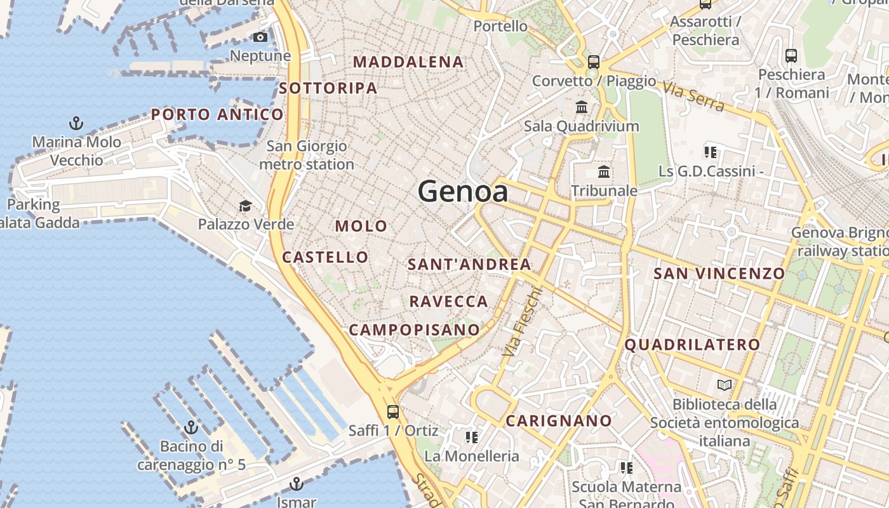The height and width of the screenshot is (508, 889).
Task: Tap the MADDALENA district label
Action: point(408,62)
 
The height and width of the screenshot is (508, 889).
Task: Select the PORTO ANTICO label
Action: point(217,114)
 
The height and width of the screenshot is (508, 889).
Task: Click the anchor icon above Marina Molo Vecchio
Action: point(76,123)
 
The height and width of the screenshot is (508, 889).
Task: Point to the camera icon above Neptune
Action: point(260,37)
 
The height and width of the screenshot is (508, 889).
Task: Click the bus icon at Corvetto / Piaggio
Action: point(594,62)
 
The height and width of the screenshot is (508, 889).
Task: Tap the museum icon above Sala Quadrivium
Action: point(582,107)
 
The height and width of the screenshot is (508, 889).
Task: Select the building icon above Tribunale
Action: point(604,172)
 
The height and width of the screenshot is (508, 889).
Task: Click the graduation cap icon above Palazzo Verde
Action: point(245,206)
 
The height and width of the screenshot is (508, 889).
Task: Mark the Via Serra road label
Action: point(693,97)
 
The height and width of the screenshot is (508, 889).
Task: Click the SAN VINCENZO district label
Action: point(719,274)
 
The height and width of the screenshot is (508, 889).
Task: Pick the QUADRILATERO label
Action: point(692,345)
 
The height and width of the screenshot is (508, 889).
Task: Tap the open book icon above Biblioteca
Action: point(724,385)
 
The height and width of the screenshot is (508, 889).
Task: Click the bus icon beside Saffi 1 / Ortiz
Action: point(393,411)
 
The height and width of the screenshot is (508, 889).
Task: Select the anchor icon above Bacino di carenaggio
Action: point(190,427)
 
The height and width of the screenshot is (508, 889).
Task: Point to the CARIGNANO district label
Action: point(559,420)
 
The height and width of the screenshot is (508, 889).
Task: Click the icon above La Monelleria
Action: point(471,437)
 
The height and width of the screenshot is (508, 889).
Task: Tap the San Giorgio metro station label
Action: point(307,155)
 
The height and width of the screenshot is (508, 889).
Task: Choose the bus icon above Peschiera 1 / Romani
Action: point(791,56)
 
